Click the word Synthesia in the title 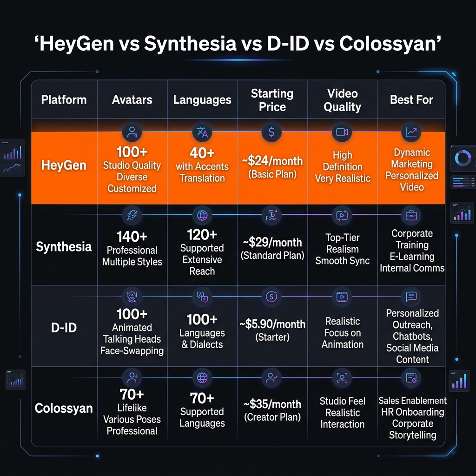189,44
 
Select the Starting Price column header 272,100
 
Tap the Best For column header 411,99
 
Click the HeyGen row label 63,165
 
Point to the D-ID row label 63,328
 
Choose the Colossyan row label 64,409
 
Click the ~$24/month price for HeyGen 272,162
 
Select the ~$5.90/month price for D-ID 272,324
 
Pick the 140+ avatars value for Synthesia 132,237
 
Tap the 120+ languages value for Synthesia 202,234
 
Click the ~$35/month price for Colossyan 272,404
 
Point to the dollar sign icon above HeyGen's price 271,132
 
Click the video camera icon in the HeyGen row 342,132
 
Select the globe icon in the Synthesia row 202,216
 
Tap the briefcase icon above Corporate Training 411,216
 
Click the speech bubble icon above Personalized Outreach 411,297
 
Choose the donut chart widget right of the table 463,159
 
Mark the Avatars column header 132,99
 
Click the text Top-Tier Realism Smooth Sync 343,249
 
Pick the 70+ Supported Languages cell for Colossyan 202,410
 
